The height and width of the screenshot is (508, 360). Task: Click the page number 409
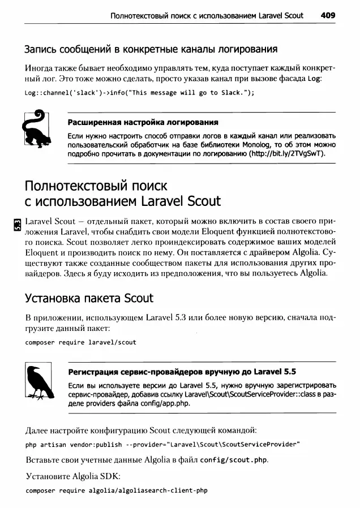[x=328, y=16]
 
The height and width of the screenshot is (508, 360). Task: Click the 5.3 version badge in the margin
[x=18, y=225]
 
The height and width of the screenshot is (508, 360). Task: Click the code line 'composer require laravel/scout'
[x=81, y=342]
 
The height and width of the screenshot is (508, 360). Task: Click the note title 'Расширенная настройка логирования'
[x=143, y=123]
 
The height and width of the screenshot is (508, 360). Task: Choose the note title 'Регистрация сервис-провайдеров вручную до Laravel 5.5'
[x=182, y=372]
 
